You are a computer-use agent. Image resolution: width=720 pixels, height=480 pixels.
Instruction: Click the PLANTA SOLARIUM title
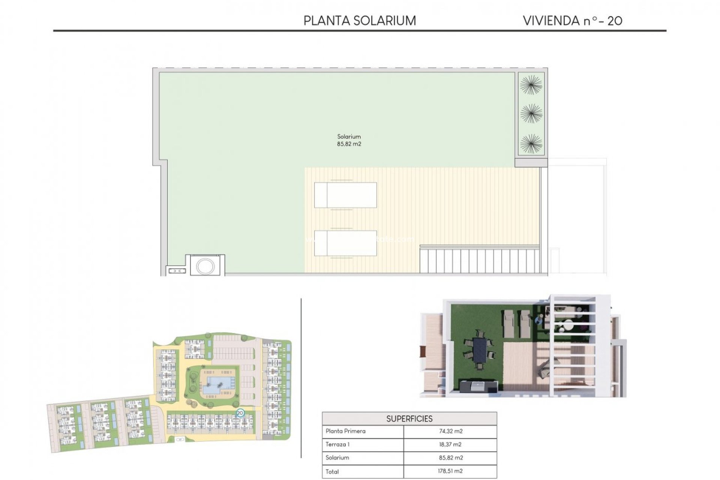360,21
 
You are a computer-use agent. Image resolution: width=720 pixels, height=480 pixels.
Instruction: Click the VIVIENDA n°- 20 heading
573,21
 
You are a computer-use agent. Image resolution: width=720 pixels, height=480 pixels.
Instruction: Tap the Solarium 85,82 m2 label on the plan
349,140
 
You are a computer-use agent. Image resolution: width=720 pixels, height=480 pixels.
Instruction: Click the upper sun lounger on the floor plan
345,195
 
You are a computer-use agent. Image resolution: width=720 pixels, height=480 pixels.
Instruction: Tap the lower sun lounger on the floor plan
345,243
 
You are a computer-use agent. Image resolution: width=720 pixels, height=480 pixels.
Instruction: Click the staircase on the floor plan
480,260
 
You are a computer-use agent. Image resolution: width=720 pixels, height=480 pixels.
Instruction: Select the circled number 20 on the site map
240,413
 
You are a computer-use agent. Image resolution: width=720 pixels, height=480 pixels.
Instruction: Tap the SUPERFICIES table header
409,419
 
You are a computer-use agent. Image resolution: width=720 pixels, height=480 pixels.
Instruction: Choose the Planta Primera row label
345,431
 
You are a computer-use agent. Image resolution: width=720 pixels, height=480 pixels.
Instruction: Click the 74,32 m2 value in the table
451,431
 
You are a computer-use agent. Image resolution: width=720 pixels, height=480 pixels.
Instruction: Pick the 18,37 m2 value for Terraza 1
451,444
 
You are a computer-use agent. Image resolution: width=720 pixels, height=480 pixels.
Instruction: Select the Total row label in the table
332,472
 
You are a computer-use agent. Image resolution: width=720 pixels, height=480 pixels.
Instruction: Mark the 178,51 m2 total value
451,471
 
